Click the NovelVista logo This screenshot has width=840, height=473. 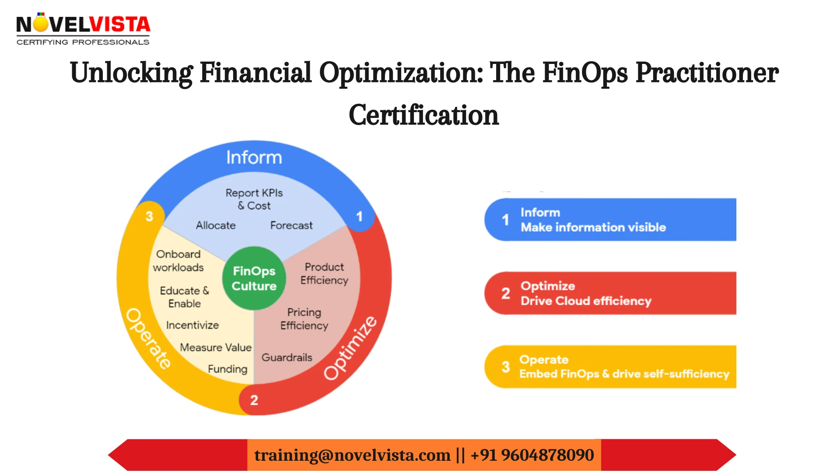coord(83,29)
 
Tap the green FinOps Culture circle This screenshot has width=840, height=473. coord(254,279)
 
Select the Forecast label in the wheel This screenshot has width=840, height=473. coord(291,225)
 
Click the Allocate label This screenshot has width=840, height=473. coord(216,225)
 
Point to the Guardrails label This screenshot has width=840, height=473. coord(287,357)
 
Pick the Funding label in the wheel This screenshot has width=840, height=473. coord(227,369)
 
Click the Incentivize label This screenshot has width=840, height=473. coord(192,325)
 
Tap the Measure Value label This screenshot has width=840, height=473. coord(216,347)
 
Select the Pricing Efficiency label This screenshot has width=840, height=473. coord(304,319)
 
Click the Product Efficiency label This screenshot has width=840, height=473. coord(324,273)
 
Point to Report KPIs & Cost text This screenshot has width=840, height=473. coord(254,199)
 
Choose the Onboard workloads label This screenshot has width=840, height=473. coord(178,261)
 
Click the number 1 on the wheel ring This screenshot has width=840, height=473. coord(359,216)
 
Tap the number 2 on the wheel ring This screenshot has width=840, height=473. coord(254,400)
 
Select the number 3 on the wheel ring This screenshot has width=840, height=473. coord(149,216)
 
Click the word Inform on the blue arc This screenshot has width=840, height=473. coord(254,158)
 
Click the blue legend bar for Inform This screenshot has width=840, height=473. coord(610,219)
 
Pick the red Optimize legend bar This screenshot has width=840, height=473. coord(610,293)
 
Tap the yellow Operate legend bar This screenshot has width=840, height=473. coord(610,367)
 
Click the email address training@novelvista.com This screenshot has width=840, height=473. coord(352,455)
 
